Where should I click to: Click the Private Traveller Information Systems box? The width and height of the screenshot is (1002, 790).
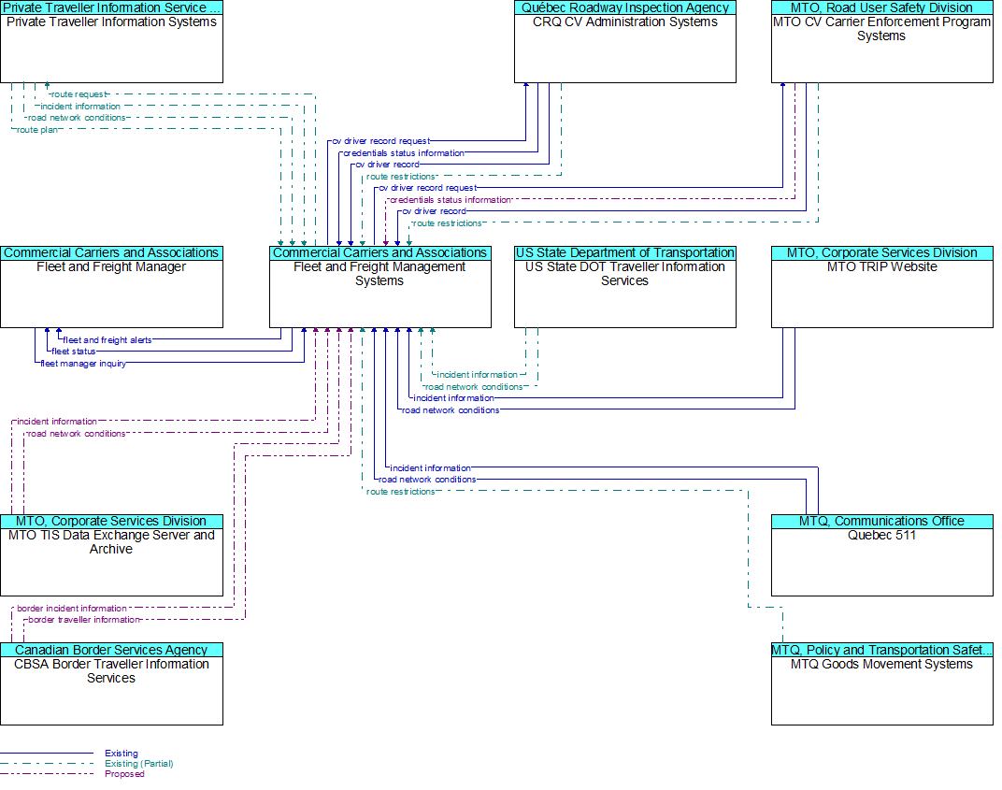(x=112, y=41)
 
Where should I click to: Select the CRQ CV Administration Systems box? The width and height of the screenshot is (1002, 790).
(x=625, y=41)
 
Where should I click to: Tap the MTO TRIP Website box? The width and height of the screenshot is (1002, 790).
(x=881, y=287)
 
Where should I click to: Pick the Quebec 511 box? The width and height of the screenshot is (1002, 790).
(x=881, y=555)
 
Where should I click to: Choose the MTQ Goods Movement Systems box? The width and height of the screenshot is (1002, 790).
(x=881, y=684)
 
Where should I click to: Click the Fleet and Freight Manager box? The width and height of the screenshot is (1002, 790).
(x=112, y=287)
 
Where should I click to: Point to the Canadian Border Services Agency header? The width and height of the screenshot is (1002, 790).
(x=112, y=650)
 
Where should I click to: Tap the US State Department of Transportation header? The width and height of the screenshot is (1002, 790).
(x=625, y=253)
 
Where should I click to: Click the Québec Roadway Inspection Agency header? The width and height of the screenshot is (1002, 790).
(x=625, y=7)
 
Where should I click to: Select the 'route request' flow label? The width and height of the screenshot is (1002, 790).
(x=79, y=94)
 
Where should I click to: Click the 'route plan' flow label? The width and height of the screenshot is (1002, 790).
(x=37, y=130)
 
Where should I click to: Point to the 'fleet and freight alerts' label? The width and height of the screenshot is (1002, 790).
(x=107, y=340)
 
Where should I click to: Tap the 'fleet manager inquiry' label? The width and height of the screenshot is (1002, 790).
(x=83, y=364)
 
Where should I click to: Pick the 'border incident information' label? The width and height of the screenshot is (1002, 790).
(x=72, y=609)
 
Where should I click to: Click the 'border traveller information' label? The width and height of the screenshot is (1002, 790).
(x=84, y=620)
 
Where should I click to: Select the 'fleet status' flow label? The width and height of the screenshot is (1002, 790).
(x=74, y=352)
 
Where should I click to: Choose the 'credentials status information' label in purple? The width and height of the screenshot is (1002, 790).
(x=451, y=200)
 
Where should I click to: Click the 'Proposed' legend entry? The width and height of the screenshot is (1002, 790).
(x=124, y=774)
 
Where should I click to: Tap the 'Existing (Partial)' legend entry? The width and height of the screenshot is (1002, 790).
(x=139, y=764)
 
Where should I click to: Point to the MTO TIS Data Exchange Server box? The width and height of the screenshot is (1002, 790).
(x=112, y=555)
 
